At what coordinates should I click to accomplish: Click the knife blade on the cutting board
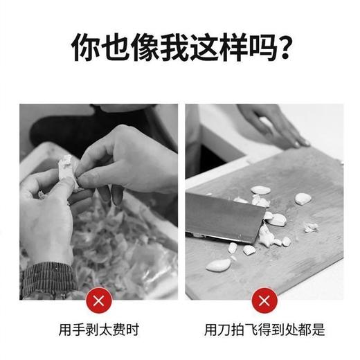[x=222, y=215]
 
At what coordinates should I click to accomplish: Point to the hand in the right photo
[x=273, y=125]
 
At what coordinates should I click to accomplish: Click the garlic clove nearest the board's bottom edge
[x=218, y=264]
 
